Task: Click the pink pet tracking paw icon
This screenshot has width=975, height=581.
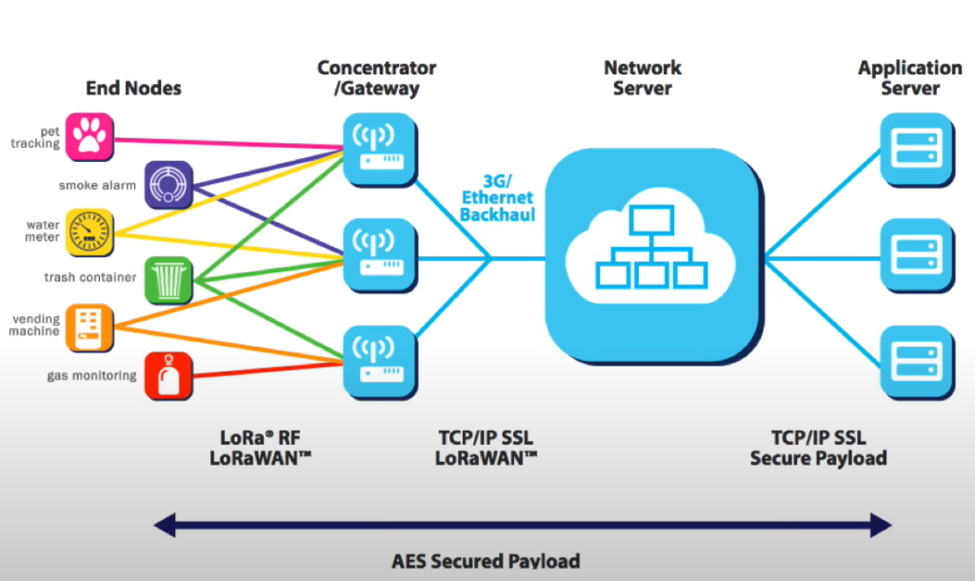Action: pos(90,137)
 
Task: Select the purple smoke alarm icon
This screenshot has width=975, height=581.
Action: pos(169,185)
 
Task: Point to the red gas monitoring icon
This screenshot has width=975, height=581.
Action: pos(169,374)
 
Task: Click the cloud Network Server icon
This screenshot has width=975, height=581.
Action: pos(651,254)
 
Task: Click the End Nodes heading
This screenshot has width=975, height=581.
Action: pos(133,89)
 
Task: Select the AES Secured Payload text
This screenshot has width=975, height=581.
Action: pos(486,561)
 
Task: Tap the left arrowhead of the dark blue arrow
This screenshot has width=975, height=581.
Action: pos(164,524)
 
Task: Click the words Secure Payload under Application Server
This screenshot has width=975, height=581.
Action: pos(819,459)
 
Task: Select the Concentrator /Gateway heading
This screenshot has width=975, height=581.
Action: pos(377,78)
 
